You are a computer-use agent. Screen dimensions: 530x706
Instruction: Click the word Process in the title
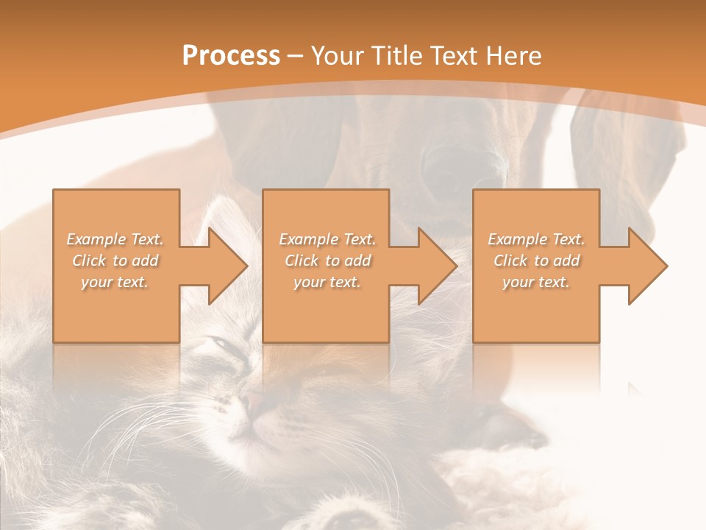click(x=231, y=56)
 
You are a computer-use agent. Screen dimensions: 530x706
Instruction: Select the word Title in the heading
click(x=393, y=56)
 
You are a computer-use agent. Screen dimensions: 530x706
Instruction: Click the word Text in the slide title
click(x=453, y=56)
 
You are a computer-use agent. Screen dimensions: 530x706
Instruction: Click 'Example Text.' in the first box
click(x=115, y=239)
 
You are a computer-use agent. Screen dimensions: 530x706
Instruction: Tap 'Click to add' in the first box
click(x=115, y=261)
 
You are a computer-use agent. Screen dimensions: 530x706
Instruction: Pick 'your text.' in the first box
click(x=115, y=282)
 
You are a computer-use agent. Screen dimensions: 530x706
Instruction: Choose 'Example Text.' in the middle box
click(x=327, y=239)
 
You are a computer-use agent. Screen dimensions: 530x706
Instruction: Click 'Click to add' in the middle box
click(x=327, y=261)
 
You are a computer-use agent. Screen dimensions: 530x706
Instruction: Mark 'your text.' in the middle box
click(x=327, y=282)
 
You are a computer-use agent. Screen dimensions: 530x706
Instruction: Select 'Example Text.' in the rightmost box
click(x=536, y=239)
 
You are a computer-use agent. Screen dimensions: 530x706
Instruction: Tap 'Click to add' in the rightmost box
click(x=536, y=261)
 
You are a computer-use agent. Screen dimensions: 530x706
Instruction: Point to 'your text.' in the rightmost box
click(x=536, y=282)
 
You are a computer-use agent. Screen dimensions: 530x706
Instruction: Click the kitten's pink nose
click(x=252, y=402)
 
